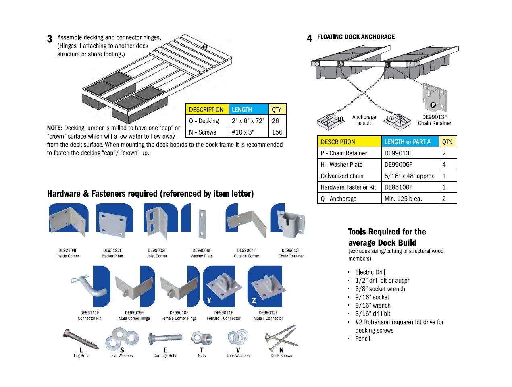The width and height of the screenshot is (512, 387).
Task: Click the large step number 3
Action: pos(50,39)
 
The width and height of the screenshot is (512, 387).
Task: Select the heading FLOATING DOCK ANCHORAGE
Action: pos(356,37)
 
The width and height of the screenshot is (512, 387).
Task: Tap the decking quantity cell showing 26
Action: pos(277,121)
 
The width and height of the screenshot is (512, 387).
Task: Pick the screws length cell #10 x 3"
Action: pos(244,132)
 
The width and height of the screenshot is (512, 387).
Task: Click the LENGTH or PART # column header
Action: pos(407,142)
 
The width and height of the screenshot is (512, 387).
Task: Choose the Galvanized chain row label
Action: pos(342,176)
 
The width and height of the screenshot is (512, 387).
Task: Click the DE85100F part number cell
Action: pos(398,187)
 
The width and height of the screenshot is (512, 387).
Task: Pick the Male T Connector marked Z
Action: pos(268,287)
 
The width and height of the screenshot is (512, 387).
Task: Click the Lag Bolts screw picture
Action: pos(80,341)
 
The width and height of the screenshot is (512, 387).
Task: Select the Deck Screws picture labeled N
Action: pos(281,338)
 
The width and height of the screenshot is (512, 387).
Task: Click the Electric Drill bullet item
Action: pos(370,272)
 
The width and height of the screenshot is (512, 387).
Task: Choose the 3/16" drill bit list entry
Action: pos(373,314)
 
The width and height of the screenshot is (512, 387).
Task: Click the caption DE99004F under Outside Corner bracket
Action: pos(246,250)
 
